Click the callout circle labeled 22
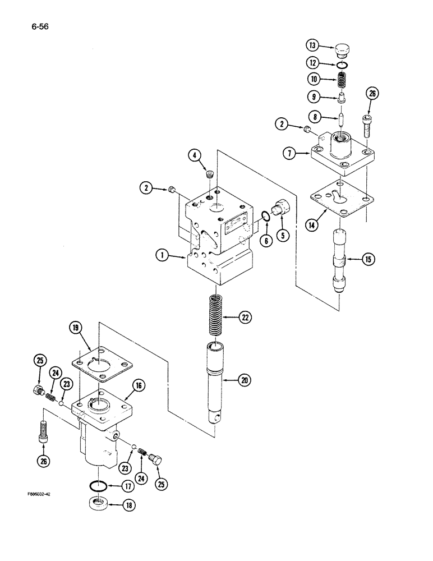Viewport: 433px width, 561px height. tap(245, 318)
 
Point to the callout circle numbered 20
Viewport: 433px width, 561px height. tap(244, 381)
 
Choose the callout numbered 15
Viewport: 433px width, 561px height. tap(367, 260)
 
